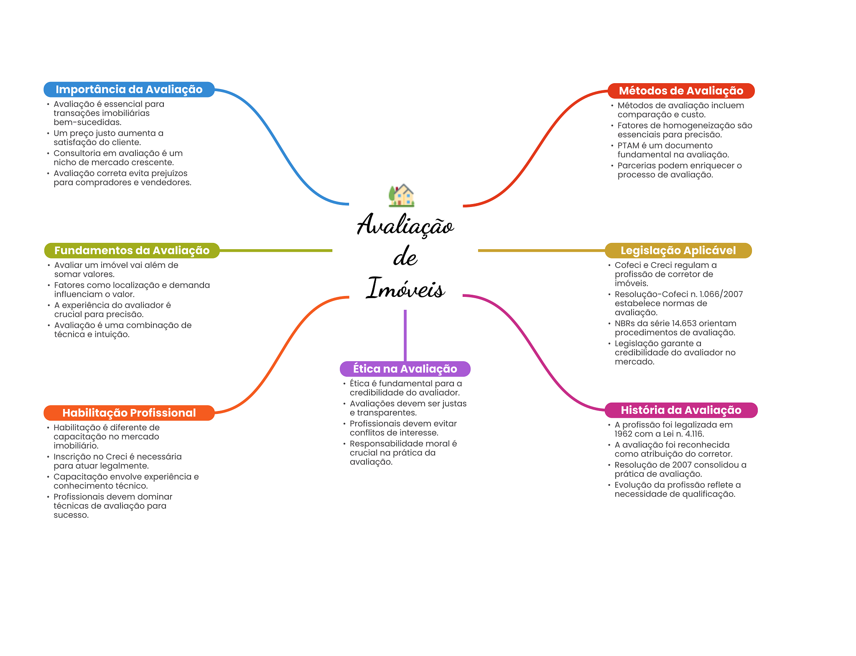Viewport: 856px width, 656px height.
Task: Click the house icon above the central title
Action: click(x=401, y=195)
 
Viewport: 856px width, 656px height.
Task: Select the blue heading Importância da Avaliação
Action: click(x=129, y=89)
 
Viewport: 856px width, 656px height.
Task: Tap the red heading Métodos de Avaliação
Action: click(x=681, y=91)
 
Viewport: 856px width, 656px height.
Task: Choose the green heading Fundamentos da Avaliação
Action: click(x=132, y=250)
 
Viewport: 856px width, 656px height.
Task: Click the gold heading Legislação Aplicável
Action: click(x=678, y=250)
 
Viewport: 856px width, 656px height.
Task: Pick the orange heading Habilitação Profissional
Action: click(x=129, y=413)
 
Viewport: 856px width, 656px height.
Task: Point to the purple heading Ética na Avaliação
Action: click(x=405, y=369)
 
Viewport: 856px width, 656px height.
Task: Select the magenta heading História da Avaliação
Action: click(x=681, y=410)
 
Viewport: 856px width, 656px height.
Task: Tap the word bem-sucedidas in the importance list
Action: click(x=87, y=123)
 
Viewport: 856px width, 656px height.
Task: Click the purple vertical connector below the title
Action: click(x=405, y=335)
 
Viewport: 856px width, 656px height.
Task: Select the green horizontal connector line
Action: click(x=276, y=251)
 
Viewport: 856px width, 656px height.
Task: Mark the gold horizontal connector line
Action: click(x=542, y=251)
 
